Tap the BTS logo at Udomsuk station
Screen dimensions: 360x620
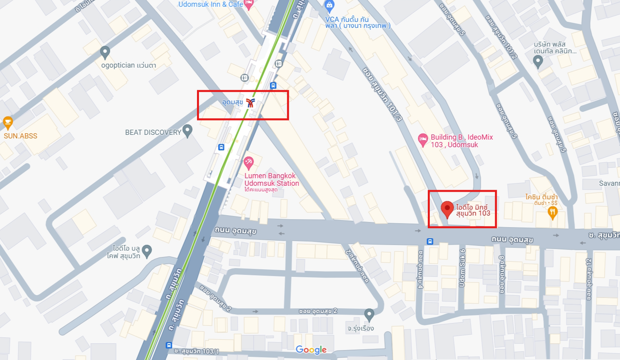pyautogui.click(x=250, y=103)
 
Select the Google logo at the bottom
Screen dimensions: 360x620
pyautogui.click(x=311, y=350)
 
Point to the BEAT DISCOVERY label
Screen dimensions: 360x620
pyautogui.click(x=153, y=132)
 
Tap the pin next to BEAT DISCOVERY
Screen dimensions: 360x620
pyautogui.click(x=187, y=130)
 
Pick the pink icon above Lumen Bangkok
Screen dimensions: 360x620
pyautogui.click(x=249, y=162)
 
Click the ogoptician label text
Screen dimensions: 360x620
pyautogui.click(x=129, y=65)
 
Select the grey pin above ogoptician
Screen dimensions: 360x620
pyautogui.click(x=105, y=52)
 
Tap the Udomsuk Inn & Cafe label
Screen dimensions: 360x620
pyautogui.click(x=211, y=4)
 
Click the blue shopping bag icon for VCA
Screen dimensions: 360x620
pyautogui.click(x=329, y=6)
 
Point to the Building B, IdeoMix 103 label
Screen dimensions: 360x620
pyautogui.click(x=462, y=141)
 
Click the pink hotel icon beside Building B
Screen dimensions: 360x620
pyautogui.click(x=423, y=140)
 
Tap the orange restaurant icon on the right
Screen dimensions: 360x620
pyautogui.click(x=552, y=213)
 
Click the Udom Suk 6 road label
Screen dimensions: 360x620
pyautogui.click(x=462, y=268)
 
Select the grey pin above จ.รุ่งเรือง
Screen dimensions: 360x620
pyautogui.click(x=369, y=314)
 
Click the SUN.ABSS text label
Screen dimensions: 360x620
pyautogui.click(x=21, y=136)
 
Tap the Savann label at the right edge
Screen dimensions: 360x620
pyautogui.click(x=609, y=183)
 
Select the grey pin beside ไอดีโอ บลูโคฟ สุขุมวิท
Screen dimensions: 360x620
pyautogui.click(x=147, y=251)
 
